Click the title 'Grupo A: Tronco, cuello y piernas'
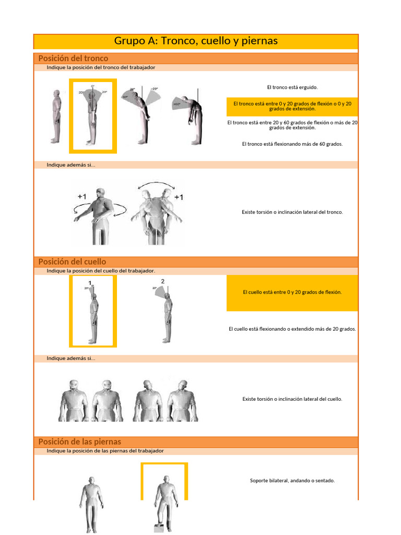pos(196,41)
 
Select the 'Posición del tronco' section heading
pos(73,58)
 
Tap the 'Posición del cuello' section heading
pos(72,261)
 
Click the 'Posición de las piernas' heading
pos(79,441)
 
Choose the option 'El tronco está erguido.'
pos(292,87)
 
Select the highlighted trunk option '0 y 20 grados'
pos(292,107)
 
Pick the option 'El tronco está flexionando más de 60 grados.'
pos(292,144)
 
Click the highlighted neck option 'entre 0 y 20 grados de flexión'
pos(292,292)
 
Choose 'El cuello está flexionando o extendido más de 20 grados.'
pos(292,329)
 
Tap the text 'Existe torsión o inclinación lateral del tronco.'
pos(292,212)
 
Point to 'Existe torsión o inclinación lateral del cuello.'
pos(292,399)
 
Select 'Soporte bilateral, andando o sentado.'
pos(292,480)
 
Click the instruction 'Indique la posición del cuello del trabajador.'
pos(101,271)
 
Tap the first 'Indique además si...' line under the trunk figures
pos(71,165)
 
